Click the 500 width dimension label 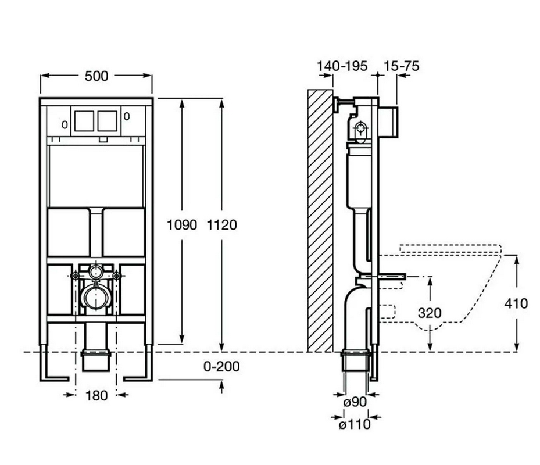tap(96, 76)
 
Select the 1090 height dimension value tap(182, 225)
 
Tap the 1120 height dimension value tap(222, 225)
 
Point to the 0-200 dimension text tap(221, 367)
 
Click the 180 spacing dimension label tap(96, 395)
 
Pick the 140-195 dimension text tap(342, 66)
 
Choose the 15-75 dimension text tap(402, 66)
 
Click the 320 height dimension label tap(430, 313)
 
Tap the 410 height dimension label tap(516, 303)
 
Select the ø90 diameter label tap(355, 402)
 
